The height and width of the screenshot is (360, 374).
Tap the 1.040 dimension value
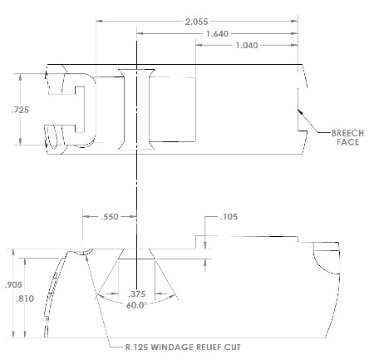pyautogui.click(x=248, y=45)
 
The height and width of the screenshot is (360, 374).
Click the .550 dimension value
pyautogui.click(x=110, y=216)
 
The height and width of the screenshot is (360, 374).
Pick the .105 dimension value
pyautogui.click(x=230, y=217)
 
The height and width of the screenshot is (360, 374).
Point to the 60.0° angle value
pyautogui.click(x=136, y=304)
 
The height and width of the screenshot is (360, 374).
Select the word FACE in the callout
pyautogui.click(x=347, y=143)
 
